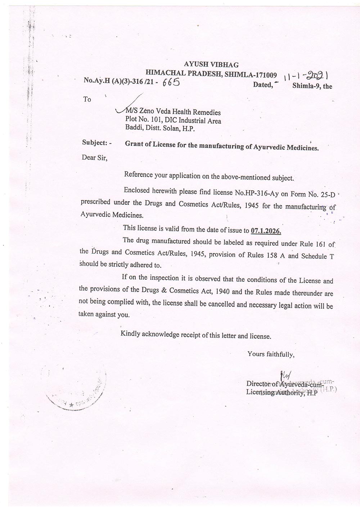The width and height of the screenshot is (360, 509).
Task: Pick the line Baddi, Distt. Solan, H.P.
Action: coord(160,128)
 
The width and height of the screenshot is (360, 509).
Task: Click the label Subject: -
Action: coord(97,143)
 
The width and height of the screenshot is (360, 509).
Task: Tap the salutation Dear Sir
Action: coord(95,158)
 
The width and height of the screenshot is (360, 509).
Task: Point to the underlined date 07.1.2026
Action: coord(266,231)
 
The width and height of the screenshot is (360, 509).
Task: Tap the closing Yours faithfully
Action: coord(271,354)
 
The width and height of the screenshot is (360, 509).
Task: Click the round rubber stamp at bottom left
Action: coord(75,386)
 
